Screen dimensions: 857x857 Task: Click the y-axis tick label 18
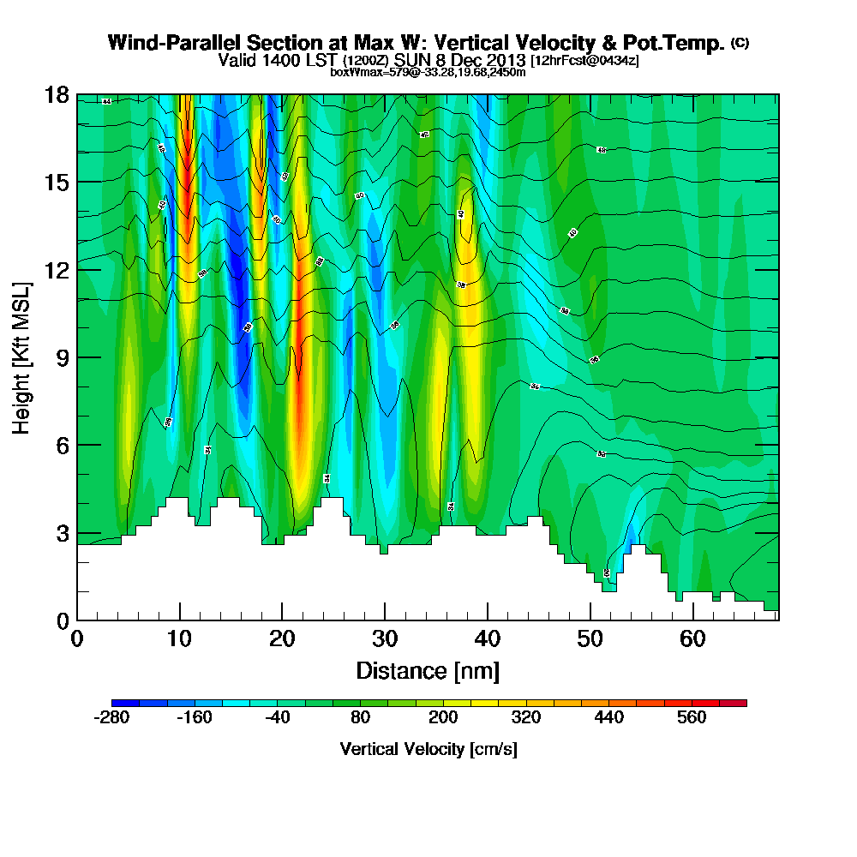[57, 95]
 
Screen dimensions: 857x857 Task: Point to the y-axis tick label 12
[57, 270]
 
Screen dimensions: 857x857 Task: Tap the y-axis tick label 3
[63, 533]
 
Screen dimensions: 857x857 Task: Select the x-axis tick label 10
[179, 639]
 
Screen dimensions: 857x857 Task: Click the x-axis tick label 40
[488, 639]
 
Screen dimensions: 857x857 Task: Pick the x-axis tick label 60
[692, 639]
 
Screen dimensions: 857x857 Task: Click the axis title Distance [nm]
[428, 670]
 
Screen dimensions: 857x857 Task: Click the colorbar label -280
[111, 717]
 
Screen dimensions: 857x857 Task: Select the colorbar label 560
[692, 717]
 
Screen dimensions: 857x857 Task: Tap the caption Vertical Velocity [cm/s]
[428, 749]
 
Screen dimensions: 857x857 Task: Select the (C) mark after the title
[740, 43]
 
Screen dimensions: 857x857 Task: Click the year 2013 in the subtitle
[503, 60]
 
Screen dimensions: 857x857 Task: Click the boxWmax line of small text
[428, 72]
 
